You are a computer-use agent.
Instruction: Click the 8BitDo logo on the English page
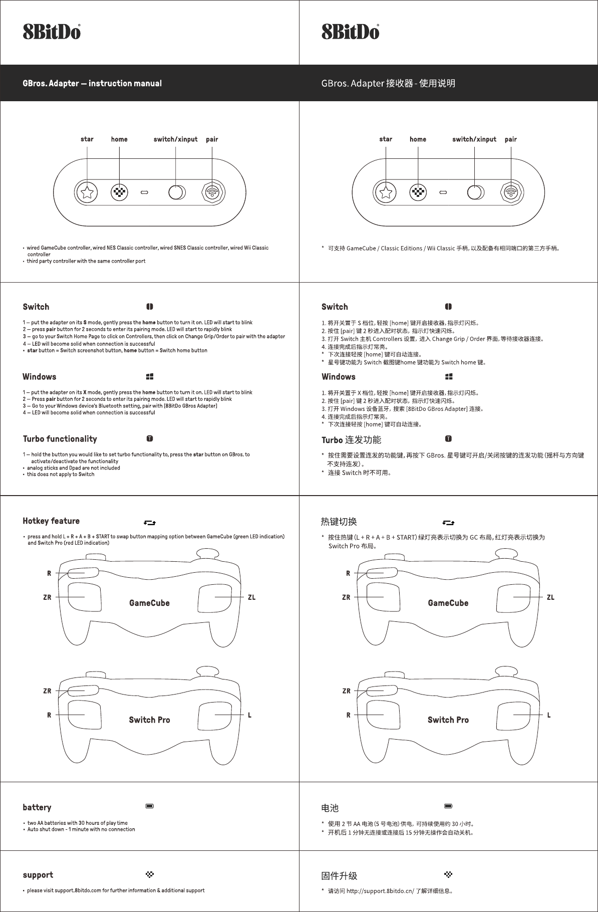click(52, 32)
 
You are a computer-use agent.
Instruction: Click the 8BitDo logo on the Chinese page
click(350, 32)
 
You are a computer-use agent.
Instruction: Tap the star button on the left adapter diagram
click(87, 192)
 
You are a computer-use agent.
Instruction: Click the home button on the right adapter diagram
click(418, 192)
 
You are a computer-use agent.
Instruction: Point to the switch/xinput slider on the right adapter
click(475, 192)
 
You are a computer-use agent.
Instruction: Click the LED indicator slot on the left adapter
click(145, 192)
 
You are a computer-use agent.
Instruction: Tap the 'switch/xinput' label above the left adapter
click(175, 139)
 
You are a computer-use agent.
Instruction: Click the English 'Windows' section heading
click(40, 377)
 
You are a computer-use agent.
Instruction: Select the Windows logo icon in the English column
click(150, 376)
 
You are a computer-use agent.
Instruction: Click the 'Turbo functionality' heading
click(60, 439)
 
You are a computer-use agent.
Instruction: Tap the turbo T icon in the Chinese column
click(448, 439)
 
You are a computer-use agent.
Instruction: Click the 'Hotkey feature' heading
click(51, 521)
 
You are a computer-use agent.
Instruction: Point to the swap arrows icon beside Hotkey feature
click(150, 523)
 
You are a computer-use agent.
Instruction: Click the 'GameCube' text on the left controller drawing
click(149, 603)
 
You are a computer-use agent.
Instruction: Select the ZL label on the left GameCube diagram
click(251, 597)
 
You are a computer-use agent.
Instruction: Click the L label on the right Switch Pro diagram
click(549, 715)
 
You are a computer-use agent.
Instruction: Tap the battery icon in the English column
click(150, 806)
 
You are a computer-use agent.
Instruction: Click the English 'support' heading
click(38, 875)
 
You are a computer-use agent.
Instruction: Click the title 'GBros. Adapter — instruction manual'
click(92, 83)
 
